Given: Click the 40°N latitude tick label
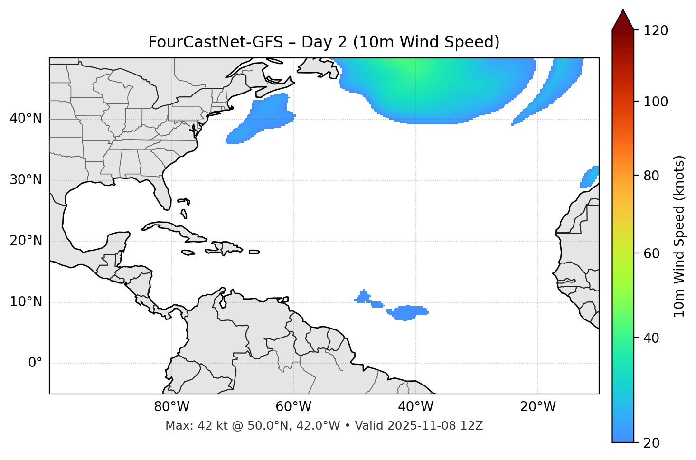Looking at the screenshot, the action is (26, 119).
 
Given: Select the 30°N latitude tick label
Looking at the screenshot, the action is (26, 180).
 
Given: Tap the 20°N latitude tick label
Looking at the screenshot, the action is (26, 241).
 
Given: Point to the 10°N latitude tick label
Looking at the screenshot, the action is (26, 302).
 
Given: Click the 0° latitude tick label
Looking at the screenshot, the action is (35, 363).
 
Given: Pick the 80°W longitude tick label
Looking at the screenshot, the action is (171, 407).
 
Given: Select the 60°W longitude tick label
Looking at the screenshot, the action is (293, 407).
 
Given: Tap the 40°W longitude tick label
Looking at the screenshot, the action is (415, 407).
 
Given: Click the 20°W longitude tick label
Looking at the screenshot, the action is (537, 407).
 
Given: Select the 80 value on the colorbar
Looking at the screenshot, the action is (651, 176).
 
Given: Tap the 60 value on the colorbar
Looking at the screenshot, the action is (651, 253).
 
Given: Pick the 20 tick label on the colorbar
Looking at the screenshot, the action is (651, 443).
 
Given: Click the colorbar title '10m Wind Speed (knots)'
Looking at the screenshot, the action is (680, 236).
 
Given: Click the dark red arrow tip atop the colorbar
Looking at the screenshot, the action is (623, 19).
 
